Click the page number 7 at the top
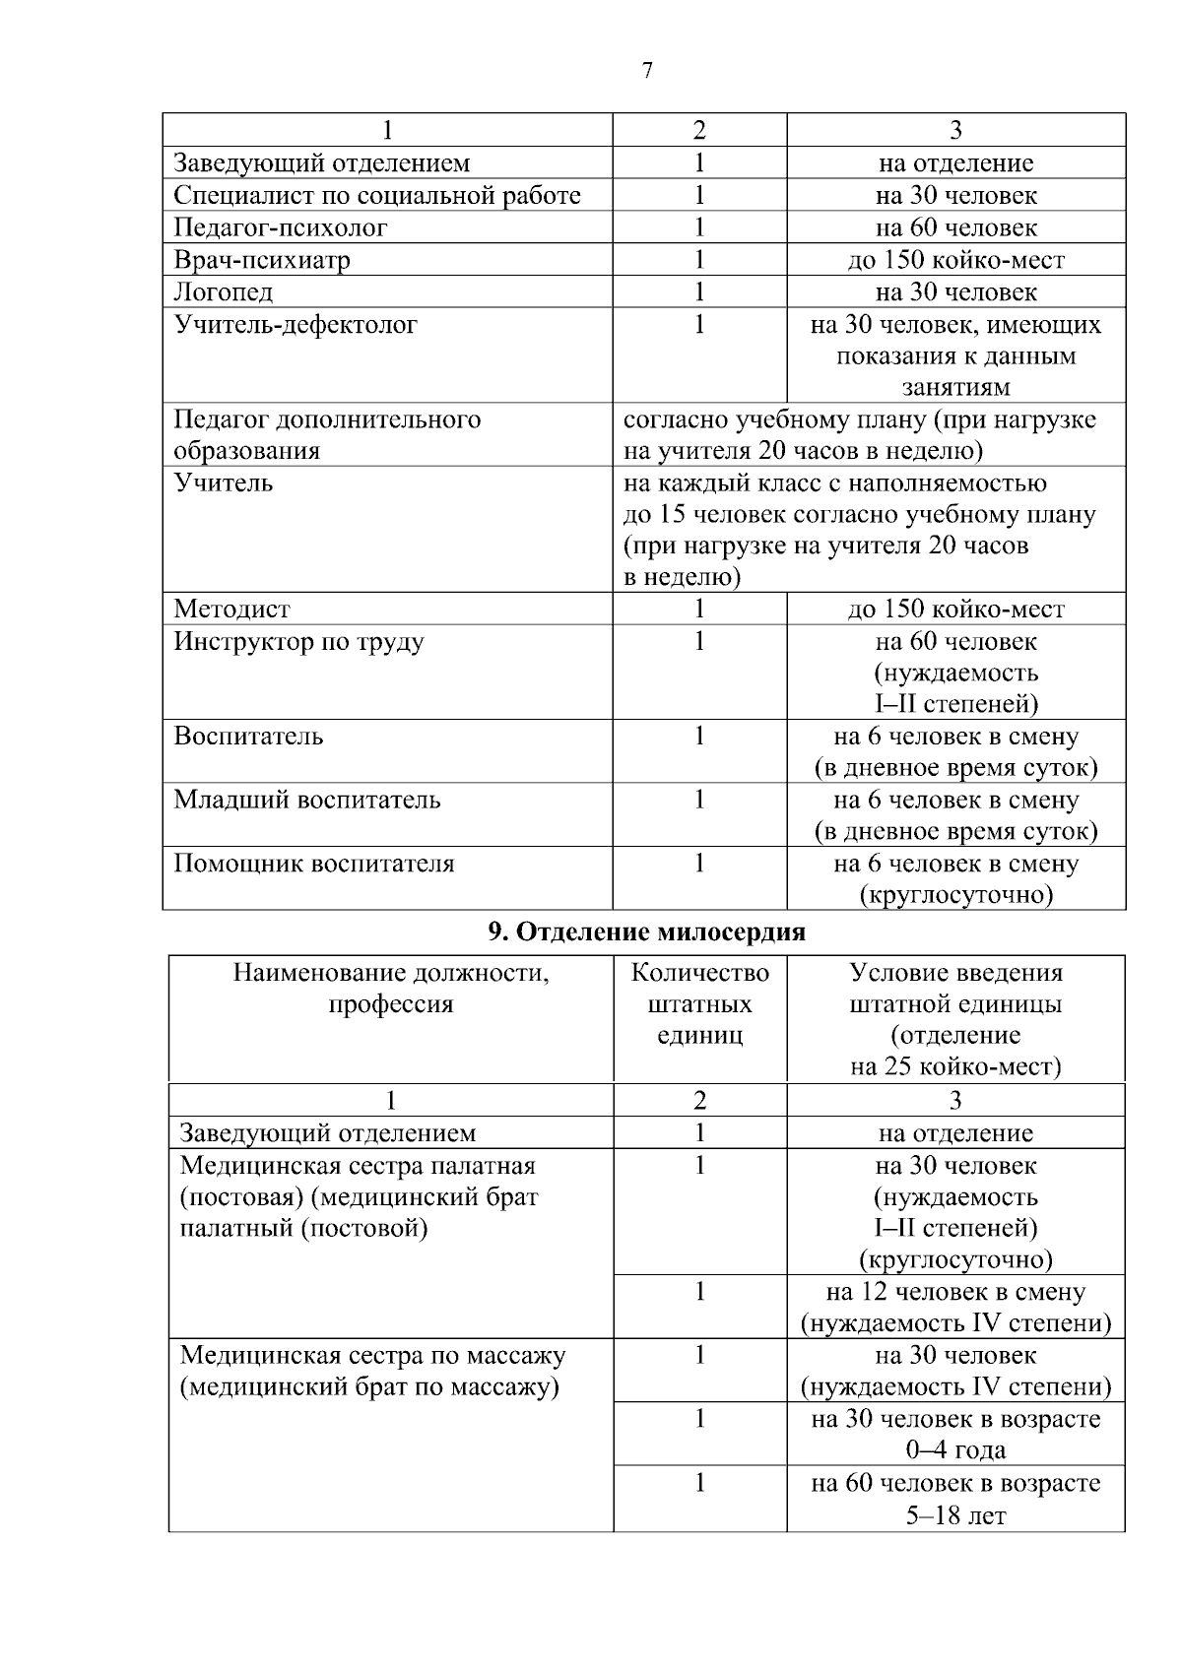(646, 71)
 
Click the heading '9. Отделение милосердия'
(646, 932)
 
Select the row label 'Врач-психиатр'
(262, 260)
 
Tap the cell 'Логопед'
(224, 292)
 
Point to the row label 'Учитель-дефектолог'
(295, 325)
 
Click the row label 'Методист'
(232, 610)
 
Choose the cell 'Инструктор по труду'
(299, 642)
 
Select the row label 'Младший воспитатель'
(307, 800)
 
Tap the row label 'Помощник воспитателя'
(314, 864)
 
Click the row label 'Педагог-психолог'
(281, 227)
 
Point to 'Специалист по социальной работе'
(377, 195)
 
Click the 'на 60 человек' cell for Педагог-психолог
(955, 227)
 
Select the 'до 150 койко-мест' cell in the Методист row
(955, 610)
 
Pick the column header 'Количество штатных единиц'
(699, 1004)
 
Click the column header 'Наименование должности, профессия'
(391, 989)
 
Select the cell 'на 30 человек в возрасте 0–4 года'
(955, 1434)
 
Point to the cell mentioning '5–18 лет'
(955, 1499)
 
